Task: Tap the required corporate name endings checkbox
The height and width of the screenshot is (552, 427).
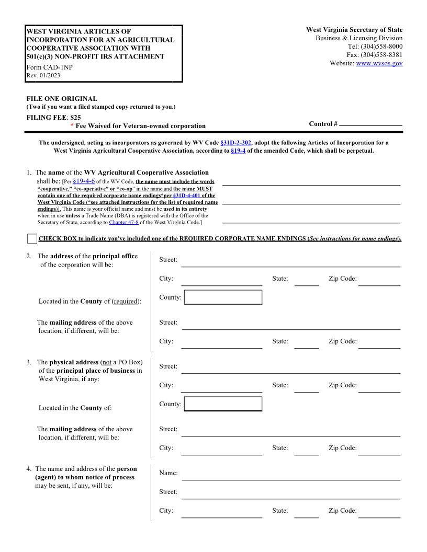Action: point(32,239)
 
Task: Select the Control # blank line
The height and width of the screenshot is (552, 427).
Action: point(370,124)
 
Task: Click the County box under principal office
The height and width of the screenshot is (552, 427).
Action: point(223,297)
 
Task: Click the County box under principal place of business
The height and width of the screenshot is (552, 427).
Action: point(223,404)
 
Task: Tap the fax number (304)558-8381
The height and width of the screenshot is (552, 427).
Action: point(381,55)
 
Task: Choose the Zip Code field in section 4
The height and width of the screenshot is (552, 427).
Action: point(379,512)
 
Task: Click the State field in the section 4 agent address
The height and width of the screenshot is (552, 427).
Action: point(306,512)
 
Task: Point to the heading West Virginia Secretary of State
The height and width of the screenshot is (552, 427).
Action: point(354,30)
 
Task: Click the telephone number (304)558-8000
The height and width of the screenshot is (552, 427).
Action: point(381,47)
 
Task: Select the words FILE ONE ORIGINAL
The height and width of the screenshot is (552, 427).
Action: point(62,99)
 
